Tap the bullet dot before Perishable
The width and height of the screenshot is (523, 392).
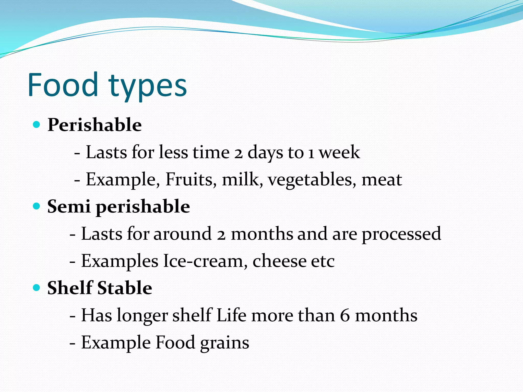[x=37, y=125]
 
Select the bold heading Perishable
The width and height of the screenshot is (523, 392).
[x=94, y=125]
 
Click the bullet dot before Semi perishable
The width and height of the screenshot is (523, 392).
[x=37, y=206]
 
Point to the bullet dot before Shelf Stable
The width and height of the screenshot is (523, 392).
[x=37, y=288]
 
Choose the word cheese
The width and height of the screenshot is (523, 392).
[x=279, y=261]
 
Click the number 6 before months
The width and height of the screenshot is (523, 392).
[x=345, y=315]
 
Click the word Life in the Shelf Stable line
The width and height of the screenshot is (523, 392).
[x=231, y=315]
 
